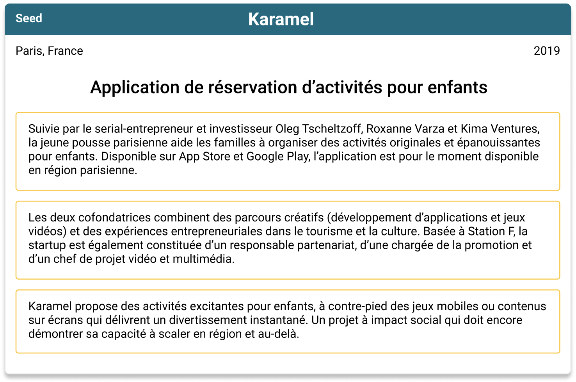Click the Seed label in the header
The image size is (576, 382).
click(x=29, y=18)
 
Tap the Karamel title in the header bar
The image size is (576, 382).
click(x=281, y=19)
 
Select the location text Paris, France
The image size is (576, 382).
click(x=50, y=51)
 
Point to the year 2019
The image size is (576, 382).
click(x=547, y=51)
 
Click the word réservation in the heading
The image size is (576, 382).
click(x=252, y=87)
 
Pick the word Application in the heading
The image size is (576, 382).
click(x=135, y=88)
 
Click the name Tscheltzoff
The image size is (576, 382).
click(x=332, y=129)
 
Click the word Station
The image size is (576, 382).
click(x=486, y=231)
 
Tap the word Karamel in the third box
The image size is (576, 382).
click(x=50, y=306)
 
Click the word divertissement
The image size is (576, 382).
click(x=208, y=320)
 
